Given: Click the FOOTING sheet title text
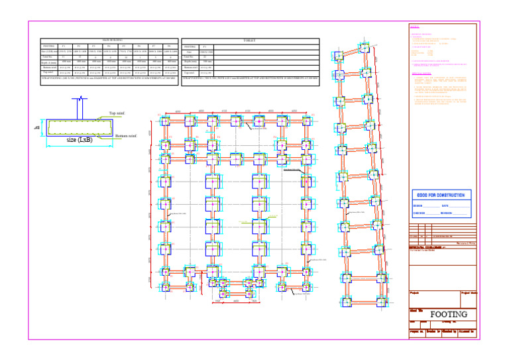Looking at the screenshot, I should coord(449,314).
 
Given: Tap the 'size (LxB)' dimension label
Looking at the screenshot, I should coord(80,140).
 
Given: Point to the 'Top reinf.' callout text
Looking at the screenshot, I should coord(118,114).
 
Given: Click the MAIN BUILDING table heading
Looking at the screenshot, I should coord(110,40).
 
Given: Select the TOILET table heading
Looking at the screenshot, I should coord(250,40).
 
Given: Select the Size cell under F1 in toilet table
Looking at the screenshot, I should coord(206,52).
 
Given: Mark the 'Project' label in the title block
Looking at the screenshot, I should coord(416,292).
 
